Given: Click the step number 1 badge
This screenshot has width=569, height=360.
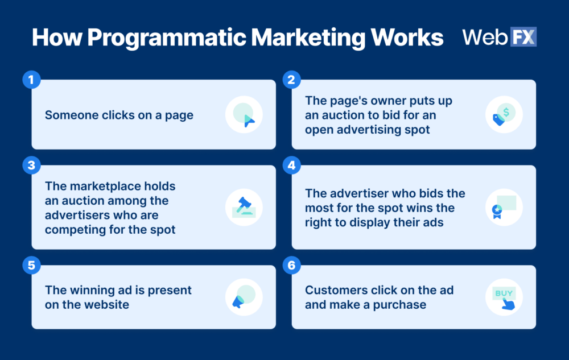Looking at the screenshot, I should pyautogui.click(x=31, y=80).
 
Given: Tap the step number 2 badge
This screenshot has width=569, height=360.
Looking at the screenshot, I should pyautogui.click(x=291, y=80).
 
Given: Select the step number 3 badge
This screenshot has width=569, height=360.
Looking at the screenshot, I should pyautogui.click(x=31, y=165).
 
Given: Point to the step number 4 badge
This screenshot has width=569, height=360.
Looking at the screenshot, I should pyautogui.click(x=291, y=165).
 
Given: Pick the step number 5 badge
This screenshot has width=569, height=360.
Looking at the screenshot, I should pyautogui.click(x=31, y=265).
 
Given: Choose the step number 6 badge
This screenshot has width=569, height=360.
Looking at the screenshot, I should pyautogui.click(x=291, y=265).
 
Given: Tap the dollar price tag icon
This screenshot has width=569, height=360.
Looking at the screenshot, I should pyautogui.click(x=504, y=114).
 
